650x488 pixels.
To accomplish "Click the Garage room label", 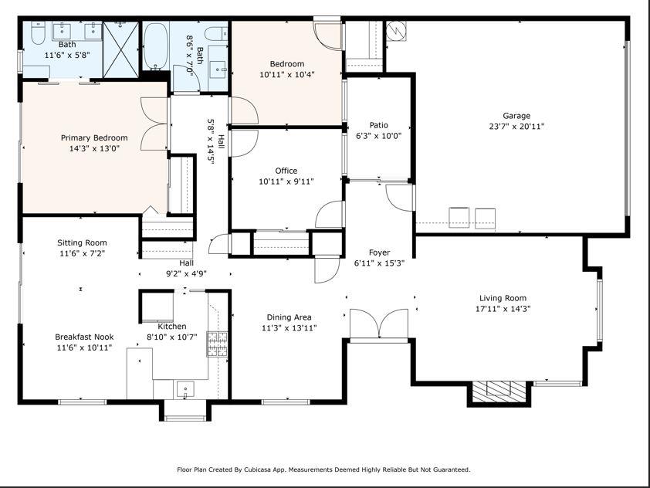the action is coord(516,116).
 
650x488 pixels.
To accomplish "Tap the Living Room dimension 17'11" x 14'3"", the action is coord(503,309).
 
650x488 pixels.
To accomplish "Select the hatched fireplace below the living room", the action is coord(499,391).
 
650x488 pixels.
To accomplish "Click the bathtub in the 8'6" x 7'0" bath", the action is coord(155,46).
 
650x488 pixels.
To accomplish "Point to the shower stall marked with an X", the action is coord(120,49).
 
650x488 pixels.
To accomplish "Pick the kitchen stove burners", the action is coord(217,344).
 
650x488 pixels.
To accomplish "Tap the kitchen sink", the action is coord(185,390).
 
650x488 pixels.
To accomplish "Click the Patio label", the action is coord(379,125).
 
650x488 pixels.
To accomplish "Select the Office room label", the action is coord(286,171).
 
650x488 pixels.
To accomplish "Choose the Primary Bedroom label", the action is coord(94,137).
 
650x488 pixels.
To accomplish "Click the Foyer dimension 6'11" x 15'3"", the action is coord(379,263).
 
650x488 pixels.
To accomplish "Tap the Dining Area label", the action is coord(289,317).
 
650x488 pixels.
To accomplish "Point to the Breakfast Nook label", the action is coord(84,337).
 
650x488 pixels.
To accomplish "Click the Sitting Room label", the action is coord(82,242).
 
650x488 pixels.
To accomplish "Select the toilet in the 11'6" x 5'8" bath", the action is coord(38,33).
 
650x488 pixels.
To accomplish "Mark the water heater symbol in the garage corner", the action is coord(396,31).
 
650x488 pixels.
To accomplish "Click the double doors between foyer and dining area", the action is coord(379,324).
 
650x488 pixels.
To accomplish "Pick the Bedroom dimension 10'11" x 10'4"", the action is coord(287,75).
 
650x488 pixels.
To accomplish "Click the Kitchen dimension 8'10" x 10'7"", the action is coord(172,337).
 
